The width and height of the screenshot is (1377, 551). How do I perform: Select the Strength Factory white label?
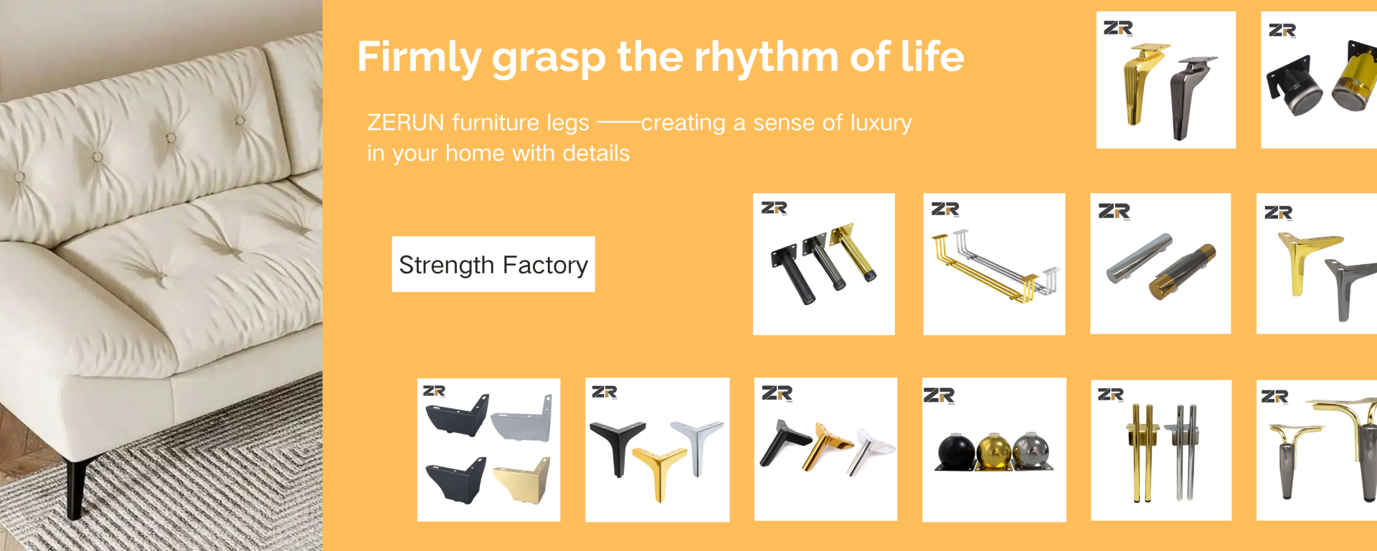[x=493, y=264]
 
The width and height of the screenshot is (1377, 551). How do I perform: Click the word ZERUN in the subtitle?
[x=406, y=123]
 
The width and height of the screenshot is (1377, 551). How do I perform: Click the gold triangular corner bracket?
[x=524, y=480]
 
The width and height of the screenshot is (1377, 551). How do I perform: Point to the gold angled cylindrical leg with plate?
[x=854, y=251]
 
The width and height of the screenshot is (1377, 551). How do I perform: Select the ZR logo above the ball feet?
[x=939, y=395]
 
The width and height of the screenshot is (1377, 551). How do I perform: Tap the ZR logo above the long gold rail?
[x=945, y=209]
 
